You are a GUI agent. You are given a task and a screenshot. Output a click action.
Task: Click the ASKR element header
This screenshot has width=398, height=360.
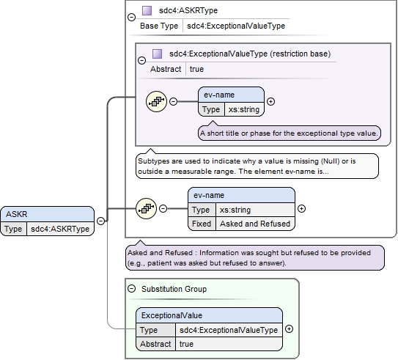click(x=47, y=214)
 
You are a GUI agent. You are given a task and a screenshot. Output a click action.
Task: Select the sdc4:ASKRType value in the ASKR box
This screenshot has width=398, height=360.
click(x=60, y=229)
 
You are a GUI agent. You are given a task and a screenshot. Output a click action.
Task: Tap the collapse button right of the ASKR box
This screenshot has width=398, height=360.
click(x=100, y=221)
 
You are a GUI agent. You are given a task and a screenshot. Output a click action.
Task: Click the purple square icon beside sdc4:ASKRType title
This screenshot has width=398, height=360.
click(x=147, y=11)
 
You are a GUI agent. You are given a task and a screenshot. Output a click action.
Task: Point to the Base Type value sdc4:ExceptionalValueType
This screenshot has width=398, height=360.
click(x=236, y=26)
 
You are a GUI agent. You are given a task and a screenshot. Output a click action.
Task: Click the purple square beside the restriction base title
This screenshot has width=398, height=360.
click(x=157, y=54)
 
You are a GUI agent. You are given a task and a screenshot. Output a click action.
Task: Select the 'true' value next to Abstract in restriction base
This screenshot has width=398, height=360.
click(x=196, y=69)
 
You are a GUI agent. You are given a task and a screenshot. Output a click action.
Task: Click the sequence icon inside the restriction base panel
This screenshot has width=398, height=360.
click(x=156, y=102)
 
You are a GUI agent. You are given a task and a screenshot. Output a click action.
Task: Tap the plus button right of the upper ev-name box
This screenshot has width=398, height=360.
click(x=271, y=102)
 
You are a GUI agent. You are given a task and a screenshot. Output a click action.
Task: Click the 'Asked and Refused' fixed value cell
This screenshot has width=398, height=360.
click(x=255, y=224)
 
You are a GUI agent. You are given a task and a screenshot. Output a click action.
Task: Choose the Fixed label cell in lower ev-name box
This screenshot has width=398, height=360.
click(x=202, y=224)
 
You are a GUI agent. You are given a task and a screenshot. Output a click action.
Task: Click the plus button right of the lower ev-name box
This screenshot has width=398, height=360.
click(x=301, y=209)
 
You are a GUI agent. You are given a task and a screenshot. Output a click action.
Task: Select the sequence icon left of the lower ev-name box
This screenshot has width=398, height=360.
click(x=146, y=209)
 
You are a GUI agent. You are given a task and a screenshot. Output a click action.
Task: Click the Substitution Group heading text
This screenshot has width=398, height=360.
click(x=174, y=289)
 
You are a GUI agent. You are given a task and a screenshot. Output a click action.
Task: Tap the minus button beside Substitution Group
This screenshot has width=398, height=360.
click(x=131, y=289)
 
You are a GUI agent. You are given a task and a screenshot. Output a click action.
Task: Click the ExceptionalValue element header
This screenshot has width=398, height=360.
click(x=209, y=315)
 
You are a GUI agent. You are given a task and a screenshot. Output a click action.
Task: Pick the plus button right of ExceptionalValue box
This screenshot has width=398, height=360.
click(x=289, y=329)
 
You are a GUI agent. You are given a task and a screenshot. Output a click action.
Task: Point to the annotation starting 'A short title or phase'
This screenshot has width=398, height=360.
click(x=289, y=133)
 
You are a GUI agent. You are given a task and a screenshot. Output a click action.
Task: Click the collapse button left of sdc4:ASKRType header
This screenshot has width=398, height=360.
click(x=131, y=18)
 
